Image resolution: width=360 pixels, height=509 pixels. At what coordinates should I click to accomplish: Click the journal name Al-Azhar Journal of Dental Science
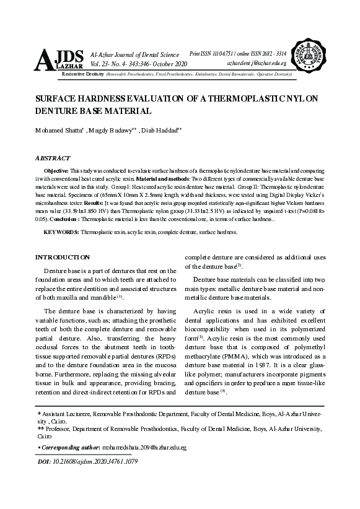tap(135, 55)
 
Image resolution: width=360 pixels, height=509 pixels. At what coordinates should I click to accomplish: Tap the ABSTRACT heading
tap(54, 158)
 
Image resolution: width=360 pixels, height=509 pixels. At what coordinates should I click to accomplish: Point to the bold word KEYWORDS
tap(61, 232)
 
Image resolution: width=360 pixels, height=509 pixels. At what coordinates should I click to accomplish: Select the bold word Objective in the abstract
tap(56, 170)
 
